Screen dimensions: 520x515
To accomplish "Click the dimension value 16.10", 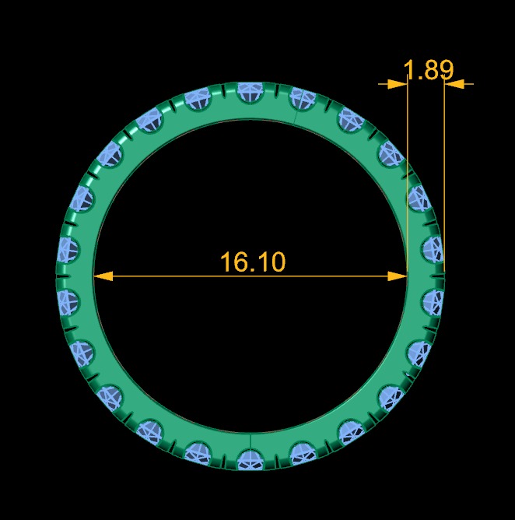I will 253,262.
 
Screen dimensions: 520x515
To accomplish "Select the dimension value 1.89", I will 429,70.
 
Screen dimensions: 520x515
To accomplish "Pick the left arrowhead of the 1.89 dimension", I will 398,83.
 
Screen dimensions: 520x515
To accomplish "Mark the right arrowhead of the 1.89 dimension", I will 454,83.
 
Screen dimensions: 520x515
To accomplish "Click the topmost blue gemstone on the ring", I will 250,92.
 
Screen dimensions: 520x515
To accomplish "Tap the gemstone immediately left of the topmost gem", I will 198,100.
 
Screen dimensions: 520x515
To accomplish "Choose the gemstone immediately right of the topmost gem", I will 302,100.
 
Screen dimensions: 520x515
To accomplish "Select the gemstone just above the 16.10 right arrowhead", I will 432,248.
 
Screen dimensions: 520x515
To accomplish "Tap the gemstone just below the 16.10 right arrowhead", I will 432,300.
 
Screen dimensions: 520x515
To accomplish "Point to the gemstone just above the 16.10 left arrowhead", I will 68,249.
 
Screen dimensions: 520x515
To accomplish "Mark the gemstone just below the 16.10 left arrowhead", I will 68,300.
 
